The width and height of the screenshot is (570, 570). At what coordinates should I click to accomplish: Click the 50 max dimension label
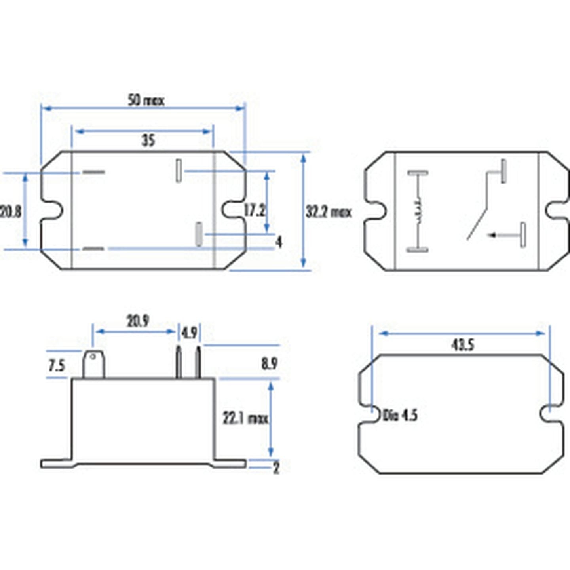(146, 101)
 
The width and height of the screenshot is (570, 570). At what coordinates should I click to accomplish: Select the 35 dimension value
(148, 141)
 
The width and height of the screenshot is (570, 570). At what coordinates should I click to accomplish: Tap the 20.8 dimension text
(11, 212)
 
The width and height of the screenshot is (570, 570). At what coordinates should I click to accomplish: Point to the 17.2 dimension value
(254, 210)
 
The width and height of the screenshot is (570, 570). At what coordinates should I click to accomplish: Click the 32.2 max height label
(329, 212)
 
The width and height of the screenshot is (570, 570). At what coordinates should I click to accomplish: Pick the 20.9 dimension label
(138, 321)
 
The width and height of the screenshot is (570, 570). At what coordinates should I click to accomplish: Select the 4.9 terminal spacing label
(189, 333)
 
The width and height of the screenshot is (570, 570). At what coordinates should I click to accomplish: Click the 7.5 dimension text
(57, 365)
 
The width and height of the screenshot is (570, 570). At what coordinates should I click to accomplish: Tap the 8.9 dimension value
(269, 363)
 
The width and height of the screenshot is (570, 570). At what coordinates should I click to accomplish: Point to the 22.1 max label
(245, 418)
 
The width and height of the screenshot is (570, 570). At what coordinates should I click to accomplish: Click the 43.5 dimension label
(463, 345)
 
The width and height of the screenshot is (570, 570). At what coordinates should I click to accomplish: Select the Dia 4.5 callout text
(400, 415)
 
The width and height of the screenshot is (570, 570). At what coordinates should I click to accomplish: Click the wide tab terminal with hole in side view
(93, 364)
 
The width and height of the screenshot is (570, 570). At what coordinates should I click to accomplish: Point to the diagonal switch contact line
(477, 224)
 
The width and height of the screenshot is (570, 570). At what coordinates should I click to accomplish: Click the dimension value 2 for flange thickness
(276, 468)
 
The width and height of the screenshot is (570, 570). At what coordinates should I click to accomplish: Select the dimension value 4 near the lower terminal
(279, 241)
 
